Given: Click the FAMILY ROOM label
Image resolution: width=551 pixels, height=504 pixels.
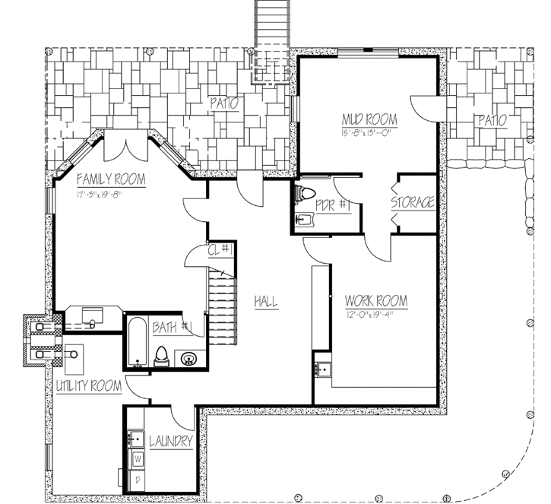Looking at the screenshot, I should (x=111, y=180).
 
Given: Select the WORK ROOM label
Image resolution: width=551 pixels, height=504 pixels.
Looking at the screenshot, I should (x=375, y=301).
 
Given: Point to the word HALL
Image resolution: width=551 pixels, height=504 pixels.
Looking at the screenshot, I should (x=266, y=302).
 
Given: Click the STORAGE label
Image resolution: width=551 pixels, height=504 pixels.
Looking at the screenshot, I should (x=413, y=203).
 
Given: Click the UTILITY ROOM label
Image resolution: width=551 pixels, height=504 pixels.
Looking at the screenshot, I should (x=89, y=386).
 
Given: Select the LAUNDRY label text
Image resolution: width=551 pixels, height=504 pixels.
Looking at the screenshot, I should (x=170, y=442).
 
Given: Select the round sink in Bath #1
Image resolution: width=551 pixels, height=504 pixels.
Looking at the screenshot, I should (x=188, y=357).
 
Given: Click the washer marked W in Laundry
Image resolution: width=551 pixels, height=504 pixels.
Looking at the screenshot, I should (x=138, y=459).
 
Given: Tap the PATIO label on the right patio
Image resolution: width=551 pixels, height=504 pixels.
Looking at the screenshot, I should (x=492, y=120).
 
